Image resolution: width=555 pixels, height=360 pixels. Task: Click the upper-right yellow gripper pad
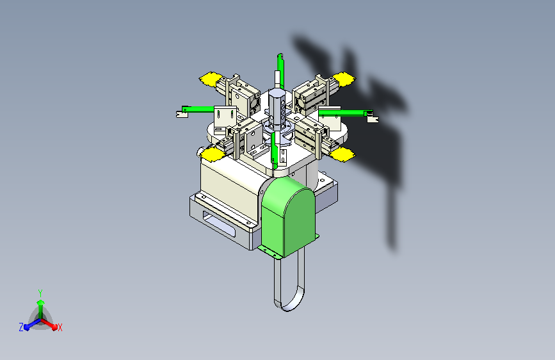(343, 79)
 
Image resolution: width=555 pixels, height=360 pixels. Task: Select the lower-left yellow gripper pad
(213, 155)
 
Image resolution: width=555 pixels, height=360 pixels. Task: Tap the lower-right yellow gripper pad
(342, 154)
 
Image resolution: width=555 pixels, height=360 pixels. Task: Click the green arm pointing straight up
(280, 70)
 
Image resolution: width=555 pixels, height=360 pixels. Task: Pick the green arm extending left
(198, 110)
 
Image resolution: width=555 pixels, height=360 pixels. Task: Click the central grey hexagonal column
(277, 108)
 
